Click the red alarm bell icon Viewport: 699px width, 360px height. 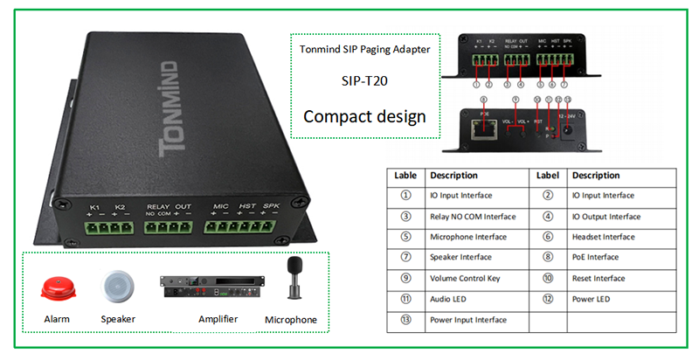pos(56,287)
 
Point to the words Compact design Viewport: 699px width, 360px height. pos(363,115)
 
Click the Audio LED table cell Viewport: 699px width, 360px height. pos(451,299)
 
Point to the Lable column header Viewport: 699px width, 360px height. pos(405,175)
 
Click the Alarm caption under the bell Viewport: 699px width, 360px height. pos(57,320)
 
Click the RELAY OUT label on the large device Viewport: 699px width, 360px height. pos(168,206)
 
